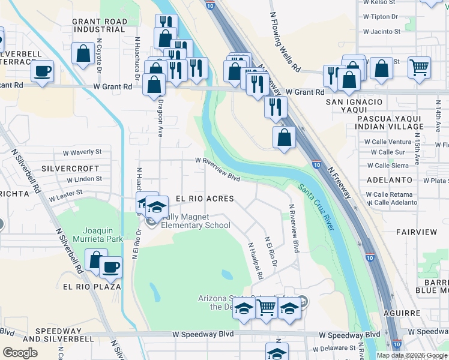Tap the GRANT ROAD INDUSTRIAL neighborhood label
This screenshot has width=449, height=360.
[x=100, y=25]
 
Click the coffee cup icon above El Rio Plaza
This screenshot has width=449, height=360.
[x=111, y=267]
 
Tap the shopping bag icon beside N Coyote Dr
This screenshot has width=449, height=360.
[x=82, y=53]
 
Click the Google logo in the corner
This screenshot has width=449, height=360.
[x=20, y=353]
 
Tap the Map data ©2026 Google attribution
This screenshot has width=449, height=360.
[x=412, y=355]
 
